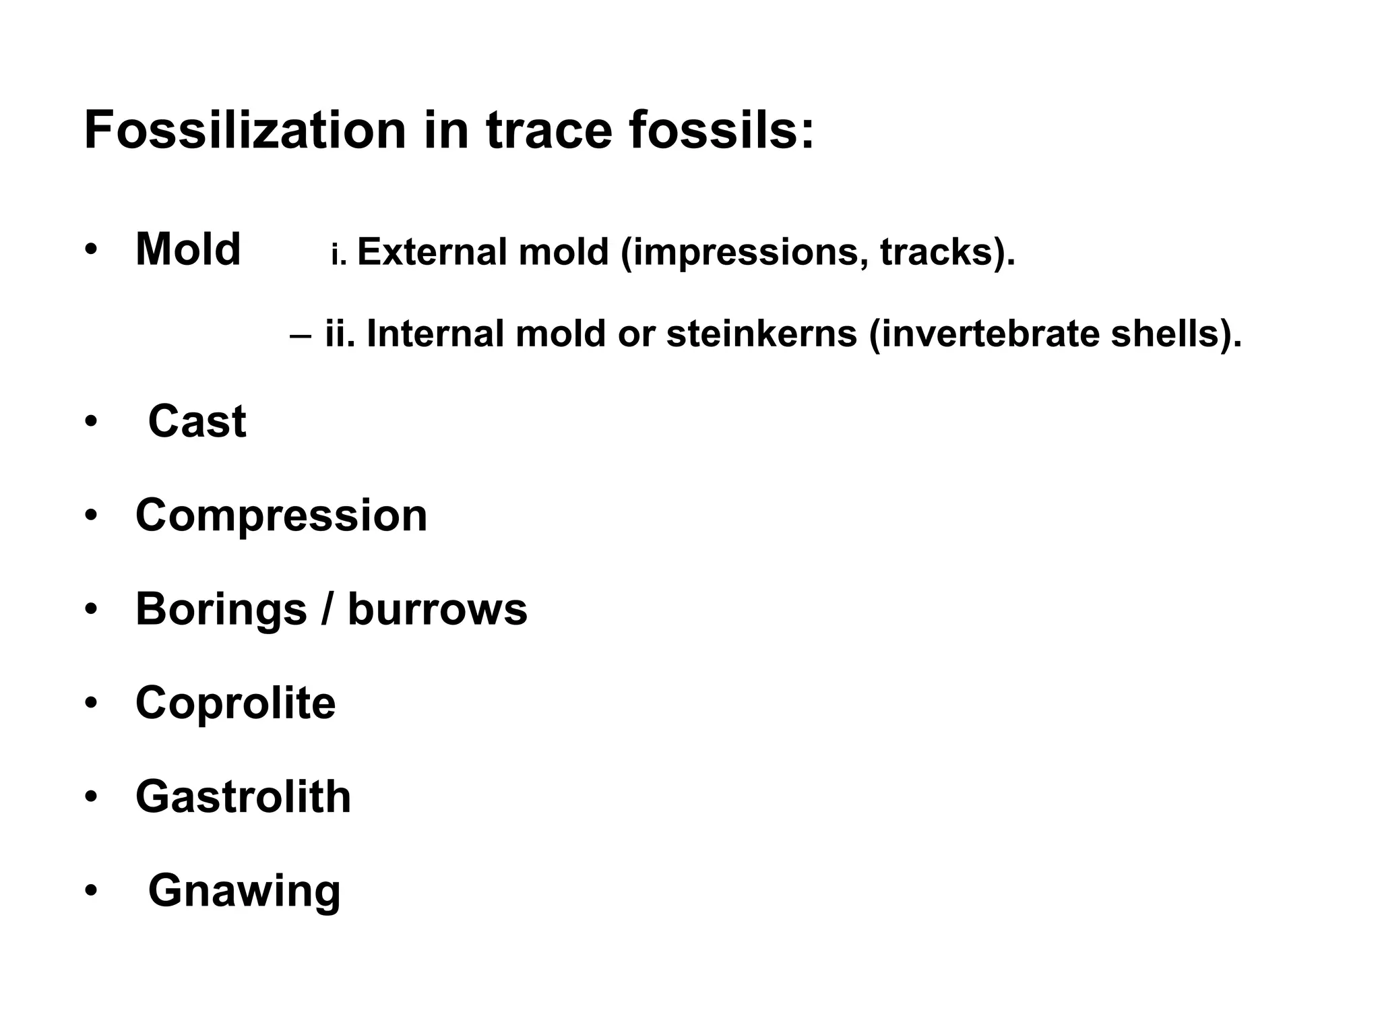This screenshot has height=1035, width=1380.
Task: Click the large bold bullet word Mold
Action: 188,249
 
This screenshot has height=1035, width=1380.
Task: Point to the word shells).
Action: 1176,334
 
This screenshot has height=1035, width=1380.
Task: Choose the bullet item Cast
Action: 197,422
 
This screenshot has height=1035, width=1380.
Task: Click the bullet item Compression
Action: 281,516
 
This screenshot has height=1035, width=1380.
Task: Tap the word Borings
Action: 221,610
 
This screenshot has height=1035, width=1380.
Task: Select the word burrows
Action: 437,610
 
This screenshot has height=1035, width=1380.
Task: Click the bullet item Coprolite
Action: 235,703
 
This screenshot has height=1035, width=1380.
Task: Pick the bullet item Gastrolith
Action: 243,797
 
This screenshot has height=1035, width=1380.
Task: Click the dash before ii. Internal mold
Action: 301,335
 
